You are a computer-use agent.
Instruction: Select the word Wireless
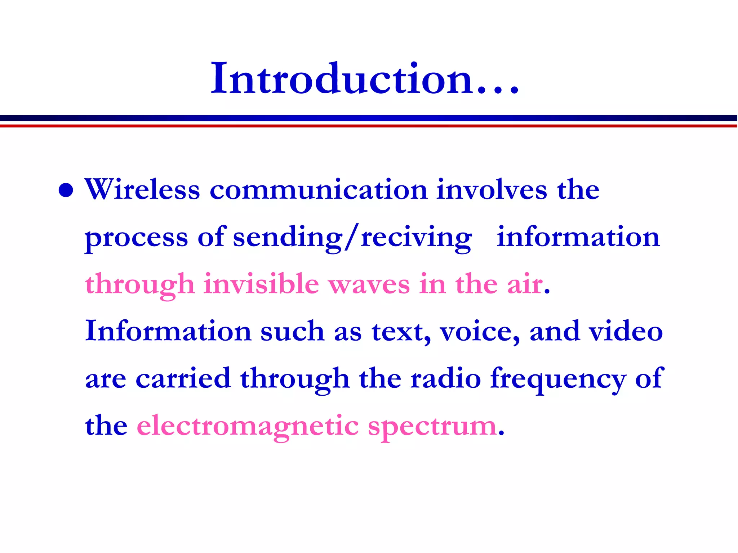click(142, 190)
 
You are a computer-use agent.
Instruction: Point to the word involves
click(492, 190)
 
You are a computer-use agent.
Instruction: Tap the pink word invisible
click(261, 284)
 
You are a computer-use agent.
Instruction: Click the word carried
click(183, 379)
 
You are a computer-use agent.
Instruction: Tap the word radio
click(446, 379)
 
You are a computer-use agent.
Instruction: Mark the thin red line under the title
click(369, 126)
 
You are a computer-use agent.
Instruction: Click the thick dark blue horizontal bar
click(369, 118)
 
